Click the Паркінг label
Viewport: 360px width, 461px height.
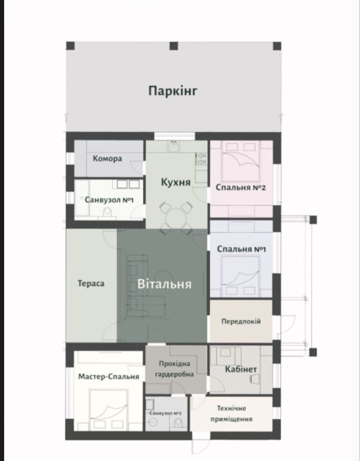(173, 91)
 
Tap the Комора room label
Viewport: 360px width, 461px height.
(107, 159)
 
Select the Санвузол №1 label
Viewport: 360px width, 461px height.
(109, 200)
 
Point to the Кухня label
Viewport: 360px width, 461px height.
(176, 182)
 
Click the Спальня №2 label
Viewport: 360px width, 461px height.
(241, 187)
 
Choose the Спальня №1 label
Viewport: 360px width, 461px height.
(242, 249)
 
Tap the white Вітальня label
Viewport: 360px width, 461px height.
(165, 284)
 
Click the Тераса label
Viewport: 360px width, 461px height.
(91, 283)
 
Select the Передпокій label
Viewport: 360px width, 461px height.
(241, 321)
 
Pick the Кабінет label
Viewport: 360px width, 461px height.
(241, 369)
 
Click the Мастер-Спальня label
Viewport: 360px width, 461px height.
(109, 376)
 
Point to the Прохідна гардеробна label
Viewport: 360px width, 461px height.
(174, 369)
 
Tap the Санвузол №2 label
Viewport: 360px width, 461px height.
(165, 414)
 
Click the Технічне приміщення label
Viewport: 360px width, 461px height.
(231, 414)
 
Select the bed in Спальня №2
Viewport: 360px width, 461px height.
(241, 161)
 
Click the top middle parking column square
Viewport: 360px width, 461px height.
(174, 46)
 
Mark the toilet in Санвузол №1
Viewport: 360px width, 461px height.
(107, 212)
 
